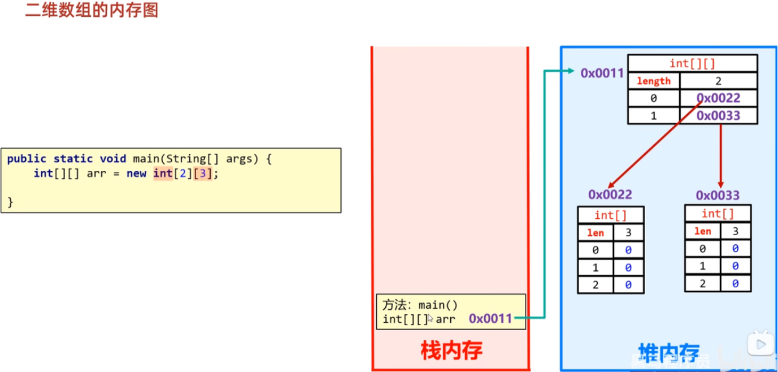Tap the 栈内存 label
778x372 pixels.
click(x=451, y=351)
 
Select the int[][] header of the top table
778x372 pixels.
click(x=692, y=63)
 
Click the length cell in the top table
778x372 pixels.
click(x=653, y=81)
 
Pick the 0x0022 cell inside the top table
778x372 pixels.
click(x=718, y=98)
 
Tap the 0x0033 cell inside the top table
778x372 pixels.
click(x=718, y=116)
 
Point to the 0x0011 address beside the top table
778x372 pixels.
click(x=602, y=73)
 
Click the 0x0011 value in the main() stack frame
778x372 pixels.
click(x=490, y=319)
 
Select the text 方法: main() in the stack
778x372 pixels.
click(x=420, y=305)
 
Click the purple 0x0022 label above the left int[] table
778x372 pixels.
click(x=610, y=194)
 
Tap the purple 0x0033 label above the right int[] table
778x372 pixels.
click(x=718, y=196)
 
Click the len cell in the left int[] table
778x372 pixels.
click(x=595, y=233)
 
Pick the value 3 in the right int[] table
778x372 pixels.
click(x=735, y=231)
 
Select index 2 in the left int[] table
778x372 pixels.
click(x=595, y=285)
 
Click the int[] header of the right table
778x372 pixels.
click(x=718, y=214)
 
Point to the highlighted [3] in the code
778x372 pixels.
click(x=203, y=174)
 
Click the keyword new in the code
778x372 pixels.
click(x=136, y=174)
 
